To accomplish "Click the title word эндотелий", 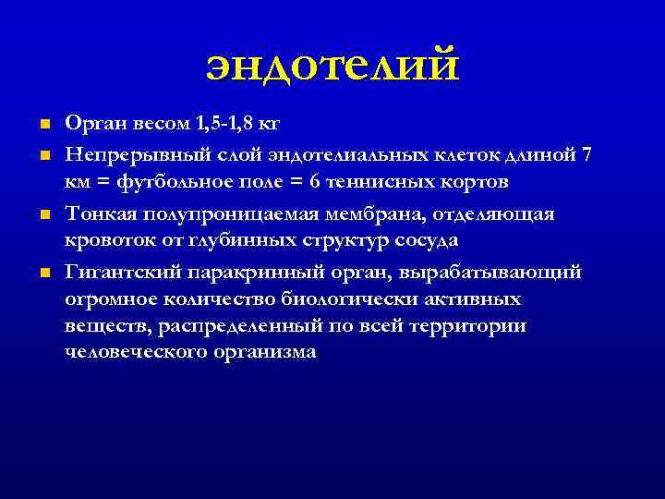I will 332,67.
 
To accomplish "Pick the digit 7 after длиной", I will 588,153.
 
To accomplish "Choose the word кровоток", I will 103,240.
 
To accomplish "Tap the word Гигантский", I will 121,273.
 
